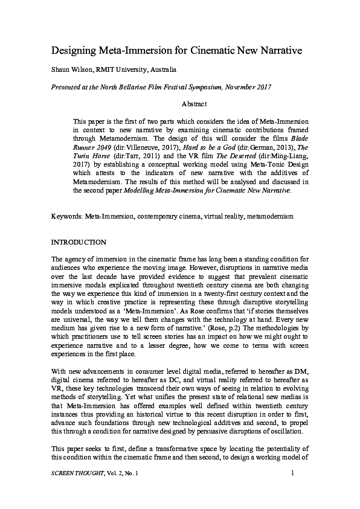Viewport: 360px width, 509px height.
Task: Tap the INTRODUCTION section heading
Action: pos(79,242)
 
